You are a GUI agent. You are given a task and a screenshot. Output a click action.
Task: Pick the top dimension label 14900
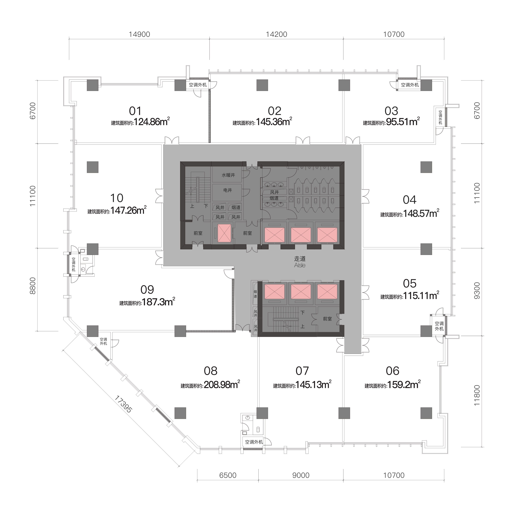[x=139, y=34]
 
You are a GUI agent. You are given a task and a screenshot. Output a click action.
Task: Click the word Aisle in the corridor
[x=300, y=265]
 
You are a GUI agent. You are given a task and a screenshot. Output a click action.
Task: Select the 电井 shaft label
[x=228, y=190]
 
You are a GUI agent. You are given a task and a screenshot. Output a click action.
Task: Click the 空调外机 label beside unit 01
[x=198, y=85]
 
